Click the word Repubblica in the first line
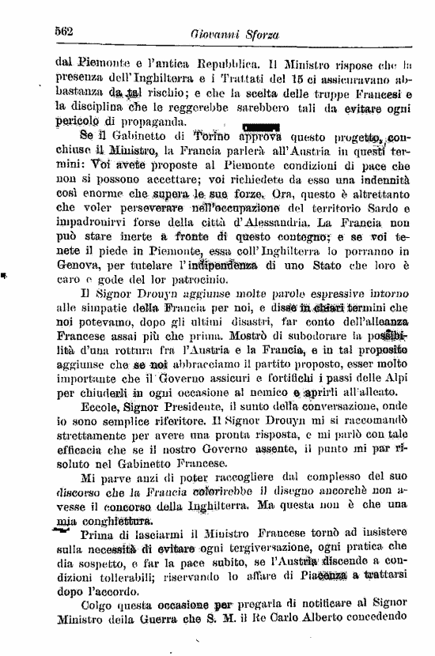[230, 60]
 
